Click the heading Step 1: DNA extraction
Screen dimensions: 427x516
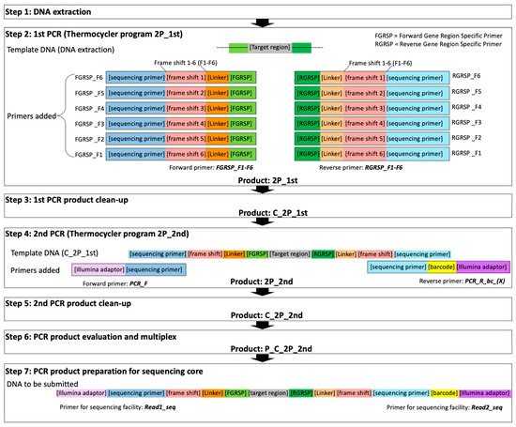(46, 8)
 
